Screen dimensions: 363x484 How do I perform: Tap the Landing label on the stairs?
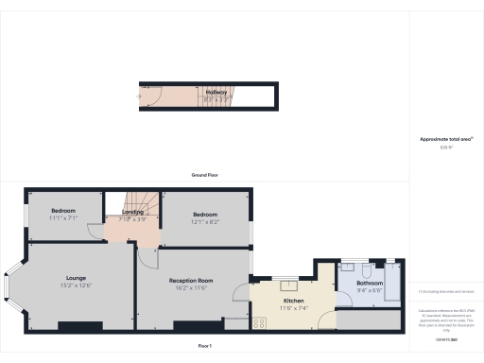[x=132, y=213]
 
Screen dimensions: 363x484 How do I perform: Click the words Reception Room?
[x=191, y=281]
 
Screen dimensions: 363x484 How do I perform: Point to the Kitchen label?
[x=291, y=301]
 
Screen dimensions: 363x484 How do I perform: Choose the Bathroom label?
[x=369, y=284]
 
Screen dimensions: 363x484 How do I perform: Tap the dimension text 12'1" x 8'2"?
[x=206, y=222]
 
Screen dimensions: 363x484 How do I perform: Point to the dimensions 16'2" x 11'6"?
[x=191, y=288]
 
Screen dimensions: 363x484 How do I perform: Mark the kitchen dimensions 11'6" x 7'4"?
[x=291, y=308]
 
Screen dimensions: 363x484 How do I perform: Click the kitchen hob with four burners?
[x=259, y=323]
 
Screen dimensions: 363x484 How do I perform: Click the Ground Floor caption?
[x=205, y=176]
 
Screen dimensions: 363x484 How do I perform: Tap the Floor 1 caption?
[x=205, y=346]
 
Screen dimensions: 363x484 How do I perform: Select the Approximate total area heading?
[x=445, y=139]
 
